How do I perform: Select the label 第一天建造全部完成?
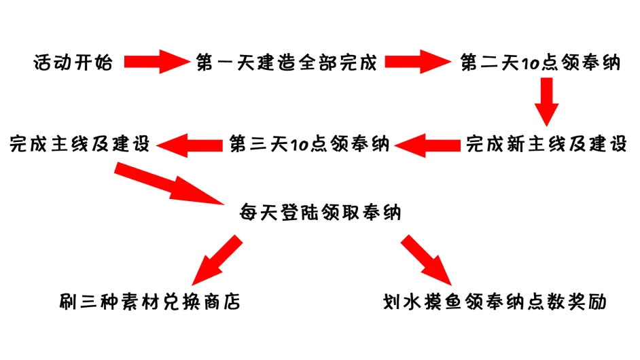tap(285, 62)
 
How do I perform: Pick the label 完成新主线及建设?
tap(547, 144)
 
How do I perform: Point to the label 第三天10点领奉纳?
tap(309, 144)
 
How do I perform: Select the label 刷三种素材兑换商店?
tap(149, 301)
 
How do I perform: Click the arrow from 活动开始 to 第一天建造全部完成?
tap(155, 62)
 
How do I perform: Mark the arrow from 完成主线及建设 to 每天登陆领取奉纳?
tap(170, 182)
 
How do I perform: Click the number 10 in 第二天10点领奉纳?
tap(528, 62)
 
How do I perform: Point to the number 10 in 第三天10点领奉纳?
tap(298, 145)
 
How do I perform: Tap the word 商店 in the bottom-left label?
tap(224, 301)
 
